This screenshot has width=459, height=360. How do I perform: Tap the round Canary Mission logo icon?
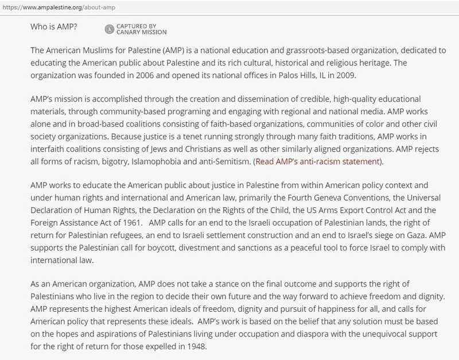pos(109,28)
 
